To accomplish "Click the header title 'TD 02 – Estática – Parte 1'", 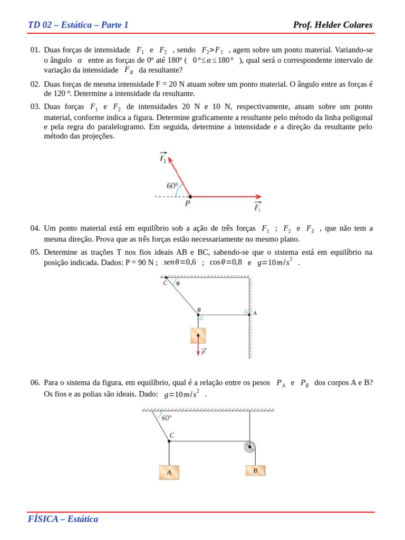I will point(78,25).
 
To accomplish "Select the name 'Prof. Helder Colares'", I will point(332,25).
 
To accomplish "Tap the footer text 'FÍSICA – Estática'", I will point(63,519).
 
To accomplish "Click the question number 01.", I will point(35,50).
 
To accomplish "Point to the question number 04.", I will point(35,228).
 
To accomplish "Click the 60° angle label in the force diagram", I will point(172,186).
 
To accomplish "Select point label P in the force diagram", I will point(187,203).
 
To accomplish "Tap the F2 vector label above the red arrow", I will point(163,158).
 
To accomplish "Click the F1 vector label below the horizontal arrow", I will point(257,207).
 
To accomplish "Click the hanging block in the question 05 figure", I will point(198,335).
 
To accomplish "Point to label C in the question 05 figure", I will point(165,283).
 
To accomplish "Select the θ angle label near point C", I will point(178,283).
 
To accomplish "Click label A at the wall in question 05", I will point(255,313).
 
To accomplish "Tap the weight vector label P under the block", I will point(203,352).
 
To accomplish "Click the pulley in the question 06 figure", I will point(250,447).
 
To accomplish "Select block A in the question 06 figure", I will point(169,472).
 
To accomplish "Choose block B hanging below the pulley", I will point(255,470).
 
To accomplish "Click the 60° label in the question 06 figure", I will point(167,418).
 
